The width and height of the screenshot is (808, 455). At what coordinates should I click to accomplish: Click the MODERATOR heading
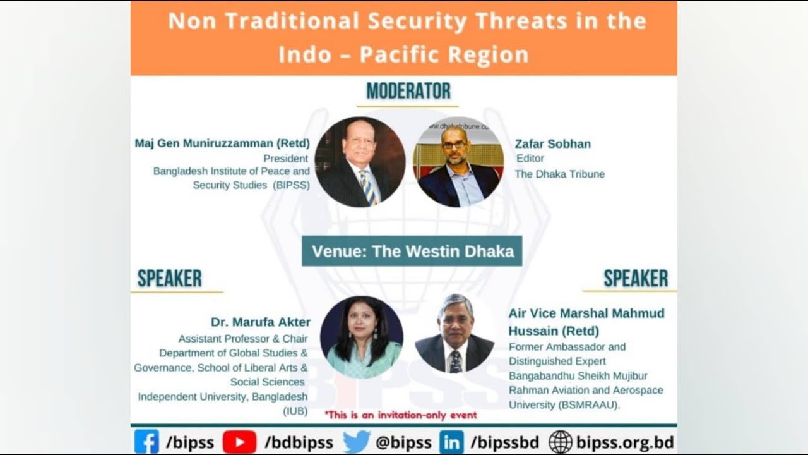[x=408, y=91]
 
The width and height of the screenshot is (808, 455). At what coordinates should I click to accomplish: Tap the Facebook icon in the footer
[x=146, y=442]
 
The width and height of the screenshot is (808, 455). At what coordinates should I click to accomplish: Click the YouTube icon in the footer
[x=239, y=442]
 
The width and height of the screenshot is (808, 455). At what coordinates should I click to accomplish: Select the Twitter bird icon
[x=356, y=442]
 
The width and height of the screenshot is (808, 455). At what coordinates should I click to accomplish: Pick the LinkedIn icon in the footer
[x=451, y=442]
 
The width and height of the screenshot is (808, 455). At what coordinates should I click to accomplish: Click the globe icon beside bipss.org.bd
[x=560, y=442]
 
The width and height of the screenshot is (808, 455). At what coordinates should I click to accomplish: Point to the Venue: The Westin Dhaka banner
[x=412, y=251]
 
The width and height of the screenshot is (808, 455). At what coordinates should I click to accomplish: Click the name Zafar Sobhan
[x=552, y=143]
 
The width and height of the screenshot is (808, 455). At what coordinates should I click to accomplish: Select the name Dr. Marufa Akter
[x=261, y=322]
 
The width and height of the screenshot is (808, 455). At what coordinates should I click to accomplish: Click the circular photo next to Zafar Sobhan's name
[x=458, y=162]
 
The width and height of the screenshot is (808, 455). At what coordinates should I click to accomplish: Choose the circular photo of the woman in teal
[x=361, y=337]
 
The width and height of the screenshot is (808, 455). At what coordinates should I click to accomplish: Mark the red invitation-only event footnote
[x=400, y=415]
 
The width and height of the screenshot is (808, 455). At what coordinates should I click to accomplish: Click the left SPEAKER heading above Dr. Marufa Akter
[x=170, y=279]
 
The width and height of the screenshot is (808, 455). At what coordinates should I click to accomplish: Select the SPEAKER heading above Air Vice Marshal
[x=635, y=279]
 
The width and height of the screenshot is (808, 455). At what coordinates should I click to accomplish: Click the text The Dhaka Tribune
[x=559, y=174]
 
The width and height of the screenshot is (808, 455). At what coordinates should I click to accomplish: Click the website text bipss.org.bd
[x=624, y=442]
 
